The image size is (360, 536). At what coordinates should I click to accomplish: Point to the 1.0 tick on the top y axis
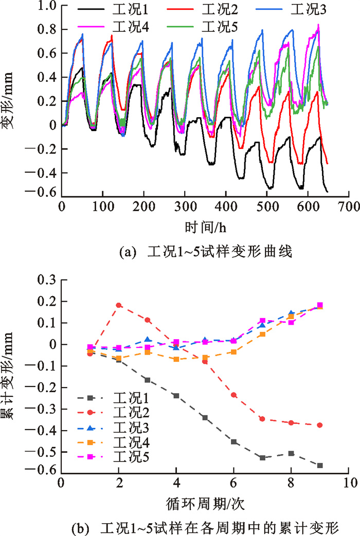pyautogui.click(x=49, y=7)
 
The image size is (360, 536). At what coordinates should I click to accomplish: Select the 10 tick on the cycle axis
pyautogui.click(x=350, y=483)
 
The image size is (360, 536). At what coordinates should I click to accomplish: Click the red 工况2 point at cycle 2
pyautogui.click(x=119, y=305)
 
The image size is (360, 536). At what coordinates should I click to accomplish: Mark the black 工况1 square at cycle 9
pyautogui.click(x=320, y=466)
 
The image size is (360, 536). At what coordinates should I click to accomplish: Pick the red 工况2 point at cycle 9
pyautogui.click(x=320, y=425)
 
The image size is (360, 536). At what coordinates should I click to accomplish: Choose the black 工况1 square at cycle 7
pyautogui.click(x=262, y=457)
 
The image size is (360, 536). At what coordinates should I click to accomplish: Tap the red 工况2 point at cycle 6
pyautogui.click(x=233, y=395)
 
